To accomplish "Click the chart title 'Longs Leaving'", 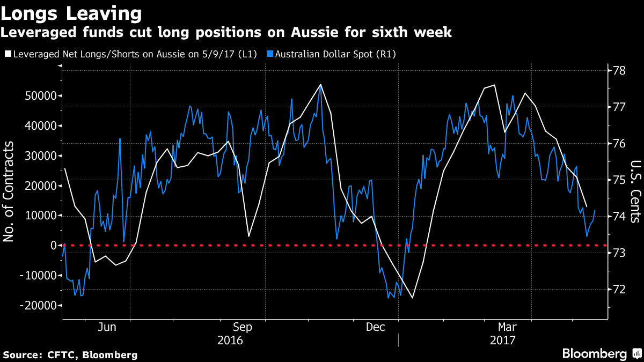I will point(71,12).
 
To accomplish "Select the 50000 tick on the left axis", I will point(41,96).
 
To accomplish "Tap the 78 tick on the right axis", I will point(620,70).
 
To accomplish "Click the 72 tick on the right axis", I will point(620,289).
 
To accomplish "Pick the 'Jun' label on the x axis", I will point(108,327).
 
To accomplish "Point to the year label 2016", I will point(230,340).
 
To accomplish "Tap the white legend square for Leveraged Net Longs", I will point(7,54).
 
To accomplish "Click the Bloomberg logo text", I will point(594,354).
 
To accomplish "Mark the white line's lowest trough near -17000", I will point(413,298).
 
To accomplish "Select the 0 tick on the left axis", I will point(54,245).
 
